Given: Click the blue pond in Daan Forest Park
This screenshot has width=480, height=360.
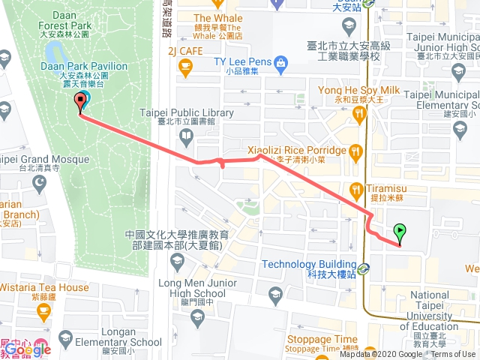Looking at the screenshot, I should click(53, 52).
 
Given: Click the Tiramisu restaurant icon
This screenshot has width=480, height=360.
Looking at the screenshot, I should click(355, 188).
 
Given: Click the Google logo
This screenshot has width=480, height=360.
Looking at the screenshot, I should click(28, 349).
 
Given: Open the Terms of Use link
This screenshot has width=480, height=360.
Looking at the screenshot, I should click(452, 355).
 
